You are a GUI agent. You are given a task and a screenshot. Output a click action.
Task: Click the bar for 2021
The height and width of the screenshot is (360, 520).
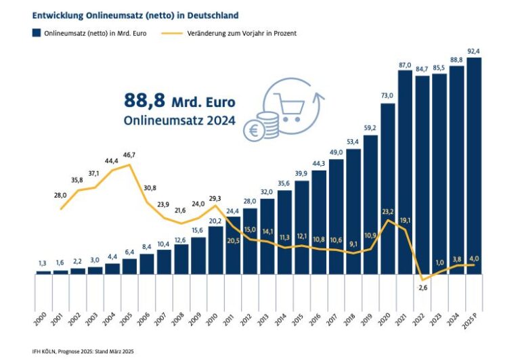pyautogui.click(x=405, y=173)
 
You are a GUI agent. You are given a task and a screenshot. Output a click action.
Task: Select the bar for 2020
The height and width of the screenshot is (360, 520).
pyautogui.click(x=388, y=189)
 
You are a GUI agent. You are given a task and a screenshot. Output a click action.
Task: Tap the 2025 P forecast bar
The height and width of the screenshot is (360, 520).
pyautogui.click(x=474, y=166)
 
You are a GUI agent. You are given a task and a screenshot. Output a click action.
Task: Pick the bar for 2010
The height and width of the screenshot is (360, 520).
pyautogui.click(x=215, y=250)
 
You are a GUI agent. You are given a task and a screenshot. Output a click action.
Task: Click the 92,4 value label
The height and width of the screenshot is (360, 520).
pyautogui.click(x=473, y=51)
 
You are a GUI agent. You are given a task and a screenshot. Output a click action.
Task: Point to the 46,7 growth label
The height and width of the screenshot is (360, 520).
pyautogui.click(x=129, y=155)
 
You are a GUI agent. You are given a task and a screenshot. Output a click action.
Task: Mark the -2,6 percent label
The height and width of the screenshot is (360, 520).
pyautogui.click(x=422, y=288)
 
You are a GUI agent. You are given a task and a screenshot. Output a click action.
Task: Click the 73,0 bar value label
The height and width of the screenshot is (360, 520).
pyautogui.click(x=387, y=95)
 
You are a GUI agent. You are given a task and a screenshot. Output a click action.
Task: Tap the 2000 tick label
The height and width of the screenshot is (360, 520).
pyautogui.click(x=39, y=319)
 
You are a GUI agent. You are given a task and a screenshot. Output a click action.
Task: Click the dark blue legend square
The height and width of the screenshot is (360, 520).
pyautogui.click(x=37, y=32)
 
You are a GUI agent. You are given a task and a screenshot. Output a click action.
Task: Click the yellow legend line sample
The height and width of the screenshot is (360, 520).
pyautogui.click(x=172, y=33)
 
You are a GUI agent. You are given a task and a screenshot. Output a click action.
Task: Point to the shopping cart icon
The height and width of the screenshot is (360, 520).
pyautogui.click(x=289, y=107)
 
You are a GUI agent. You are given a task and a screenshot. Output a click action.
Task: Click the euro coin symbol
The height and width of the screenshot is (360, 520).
pyautogui.click(x=254, y=131)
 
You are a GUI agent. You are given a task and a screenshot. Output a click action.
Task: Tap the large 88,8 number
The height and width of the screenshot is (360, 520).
pyautogui.click(x=144, y=100)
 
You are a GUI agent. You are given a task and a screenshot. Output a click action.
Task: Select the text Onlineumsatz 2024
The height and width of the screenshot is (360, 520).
pyautogui.click(x=179, y=120)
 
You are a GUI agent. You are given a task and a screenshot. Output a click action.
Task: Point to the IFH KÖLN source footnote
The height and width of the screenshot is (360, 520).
pyautogui.click(x=83, y=351)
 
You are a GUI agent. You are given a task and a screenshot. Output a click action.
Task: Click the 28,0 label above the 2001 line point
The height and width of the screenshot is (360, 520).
pyautogui.click(x=60, y=196)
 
